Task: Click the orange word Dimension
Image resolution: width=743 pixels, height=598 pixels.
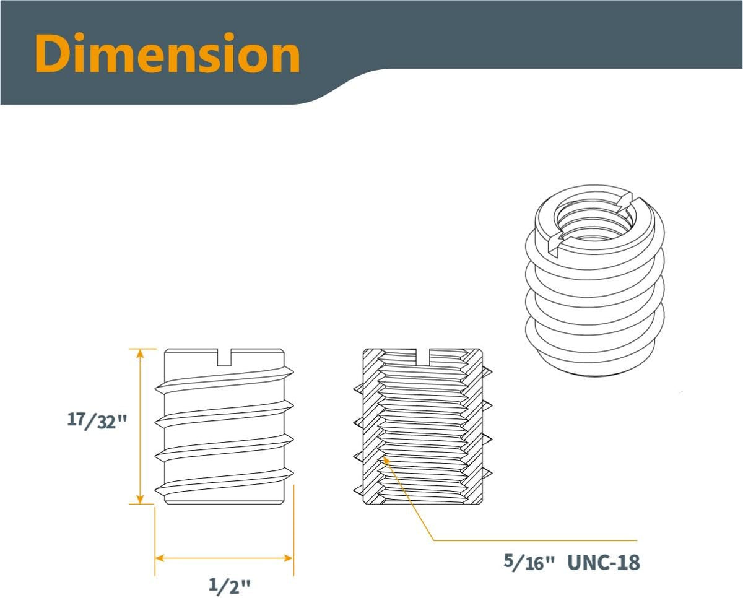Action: point(167,53)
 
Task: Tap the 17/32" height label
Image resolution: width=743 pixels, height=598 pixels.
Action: point(97,421)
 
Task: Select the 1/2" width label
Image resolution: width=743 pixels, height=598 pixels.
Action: point(229,584)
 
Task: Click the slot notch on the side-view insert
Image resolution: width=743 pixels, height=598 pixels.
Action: point(224,357)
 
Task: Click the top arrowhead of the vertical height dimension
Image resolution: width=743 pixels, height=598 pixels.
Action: point(140,355)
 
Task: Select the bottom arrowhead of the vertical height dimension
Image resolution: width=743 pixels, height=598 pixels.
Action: point(140,498)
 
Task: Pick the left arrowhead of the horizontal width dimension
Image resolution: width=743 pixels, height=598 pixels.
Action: point(160,558)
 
